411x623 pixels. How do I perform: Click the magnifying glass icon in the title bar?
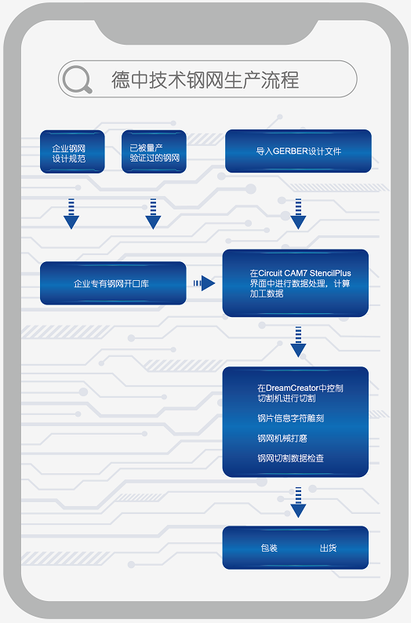(77, 79)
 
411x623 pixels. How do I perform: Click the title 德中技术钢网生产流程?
(205, 80)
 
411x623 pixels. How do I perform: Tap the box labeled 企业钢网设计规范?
(72, 151)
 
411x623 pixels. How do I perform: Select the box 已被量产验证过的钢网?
(154, 151)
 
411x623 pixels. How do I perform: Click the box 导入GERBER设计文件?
(298, 151)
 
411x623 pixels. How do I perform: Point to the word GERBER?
(291, 151)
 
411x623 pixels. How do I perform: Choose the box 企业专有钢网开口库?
(113, 283)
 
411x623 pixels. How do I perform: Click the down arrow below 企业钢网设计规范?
(71, 213)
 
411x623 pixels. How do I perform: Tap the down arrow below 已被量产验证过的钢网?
(153, 213)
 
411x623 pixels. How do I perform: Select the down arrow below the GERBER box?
(298, 213)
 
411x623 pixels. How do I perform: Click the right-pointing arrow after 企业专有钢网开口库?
(204, 283)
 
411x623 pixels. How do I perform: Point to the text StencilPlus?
(330, 273)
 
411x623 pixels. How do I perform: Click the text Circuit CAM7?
(282, 273)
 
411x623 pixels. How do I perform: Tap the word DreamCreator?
(293, 388)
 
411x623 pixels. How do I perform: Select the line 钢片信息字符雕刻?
(291, 418)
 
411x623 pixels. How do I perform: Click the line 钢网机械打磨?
(282, 439)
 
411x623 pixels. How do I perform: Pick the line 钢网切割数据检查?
(291, 458)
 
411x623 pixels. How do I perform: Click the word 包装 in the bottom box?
(269, 548)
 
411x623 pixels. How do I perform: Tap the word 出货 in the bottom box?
(328, 548)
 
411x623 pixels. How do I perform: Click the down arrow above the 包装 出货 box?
(298, 502)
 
